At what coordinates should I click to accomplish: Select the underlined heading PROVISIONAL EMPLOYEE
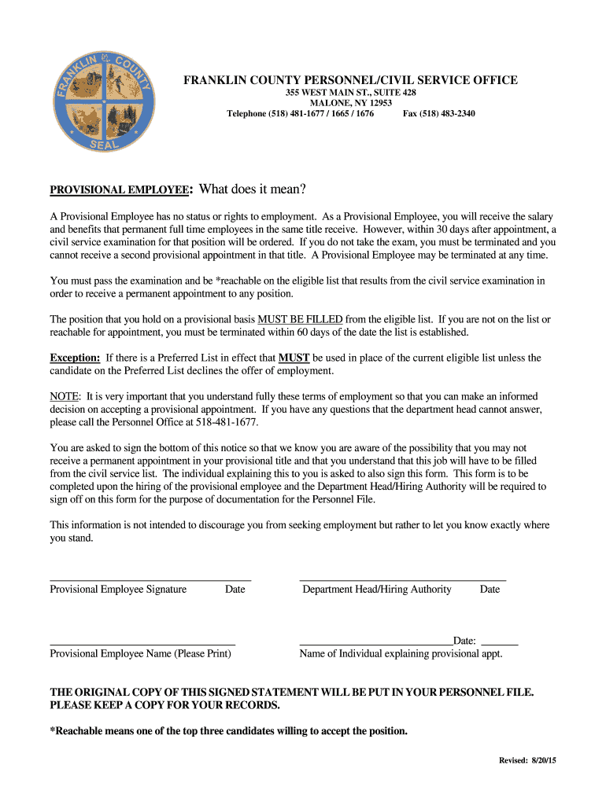pyautogui.click(x=120, y=190)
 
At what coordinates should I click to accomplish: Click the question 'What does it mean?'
pyautogui.click(x=251, y=189)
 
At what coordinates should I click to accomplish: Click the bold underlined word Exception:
pyautogui.click(x=75, y=358)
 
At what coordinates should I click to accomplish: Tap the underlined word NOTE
pyautogui.click(x=65, y=396)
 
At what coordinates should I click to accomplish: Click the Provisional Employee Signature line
pyautogui.click(x=150, y=579)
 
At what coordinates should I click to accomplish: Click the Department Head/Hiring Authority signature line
pyautogui.click(x=402, y=579)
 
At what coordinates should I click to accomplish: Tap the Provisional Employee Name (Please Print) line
pyautogui.click(x=142, y=643)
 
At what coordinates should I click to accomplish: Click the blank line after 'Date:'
pyautogui.click(x=499, y=643)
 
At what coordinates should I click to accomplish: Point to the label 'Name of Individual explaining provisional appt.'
pyautogui.click(x=401, y=653)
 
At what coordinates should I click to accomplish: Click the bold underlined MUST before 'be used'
pyautogui.click(x=294, y=358)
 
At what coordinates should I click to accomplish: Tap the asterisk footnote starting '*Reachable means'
pyautogui.click(x=229, y=731)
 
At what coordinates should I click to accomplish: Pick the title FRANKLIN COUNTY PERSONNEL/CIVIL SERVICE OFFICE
pyautogui.click(x=350, y=80)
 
